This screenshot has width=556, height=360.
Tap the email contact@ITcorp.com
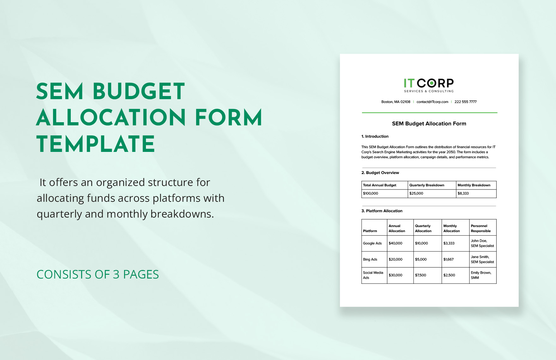pos(432,102)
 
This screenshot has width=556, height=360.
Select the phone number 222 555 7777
pos(465,102)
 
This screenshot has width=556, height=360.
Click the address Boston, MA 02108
pos(396,102)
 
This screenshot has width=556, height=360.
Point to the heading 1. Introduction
pos(375,136)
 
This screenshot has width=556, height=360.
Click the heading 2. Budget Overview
pos(380,173)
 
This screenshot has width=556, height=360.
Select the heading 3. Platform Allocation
pos(382,211)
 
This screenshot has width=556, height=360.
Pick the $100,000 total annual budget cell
pos(371,194)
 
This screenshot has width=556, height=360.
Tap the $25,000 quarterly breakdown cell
pos(416,194)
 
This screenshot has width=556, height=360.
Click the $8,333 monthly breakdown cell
pos(463,194)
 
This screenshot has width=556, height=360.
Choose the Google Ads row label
pos(372,243)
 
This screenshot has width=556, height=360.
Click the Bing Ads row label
pos(370,260)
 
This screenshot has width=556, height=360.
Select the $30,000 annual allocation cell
pos(396,275)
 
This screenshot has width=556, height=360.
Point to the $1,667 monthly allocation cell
pos(448,260)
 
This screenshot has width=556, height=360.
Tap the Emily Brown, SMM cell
pos(481,275)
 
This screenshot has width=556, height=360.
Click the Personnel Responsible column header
pos(480,228)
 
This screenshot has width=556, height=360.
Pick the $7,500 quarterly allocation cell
pos(420,275)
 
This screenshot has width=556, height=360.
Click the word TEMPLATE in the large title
pos(96,144)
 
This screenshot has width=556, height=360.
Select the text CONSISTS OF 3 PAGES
pos(98,274)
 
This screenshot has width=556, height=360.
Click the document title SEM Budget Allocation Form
pos(429,123)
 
